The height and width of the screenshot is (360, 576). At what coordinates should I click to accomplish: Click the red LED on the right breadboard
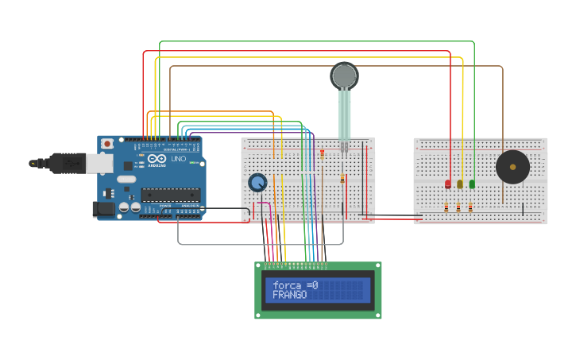tap(448, 184)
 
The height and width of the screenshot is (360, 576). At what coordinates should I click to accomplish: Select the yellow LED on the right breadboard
tap(460, 184)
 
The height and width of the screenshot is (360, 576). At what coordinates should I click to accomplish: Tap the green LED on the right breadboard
tap(472, 184)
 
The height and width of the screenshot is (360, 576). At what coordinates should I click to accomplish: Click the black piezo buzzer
tap(512, 167)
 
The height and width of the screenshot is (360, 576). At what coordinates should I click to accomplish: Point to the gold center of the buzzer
tap(512, 167)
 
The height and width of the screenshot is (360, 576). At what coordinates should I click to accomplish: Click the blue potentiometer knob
tap(257, 183)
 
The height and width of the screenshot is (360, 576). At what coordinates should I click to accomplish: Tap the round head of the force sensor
tap(344, 76)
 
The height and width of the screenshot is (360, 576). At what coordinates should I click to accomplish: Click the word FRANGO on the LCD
tap(289, 295)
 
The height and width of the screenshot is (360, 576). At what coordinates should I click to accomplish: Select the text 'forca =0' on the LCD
tap(295, 285)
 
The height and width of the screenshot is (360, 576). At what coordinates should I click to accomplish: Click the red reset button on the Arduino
tap(107, 145)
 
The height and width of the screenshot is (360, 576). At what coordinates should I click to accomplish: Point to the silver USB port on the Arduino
tap(98, 163)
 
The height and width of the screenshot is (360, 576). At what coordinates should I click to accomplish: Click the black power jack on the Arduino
tap(103, 209)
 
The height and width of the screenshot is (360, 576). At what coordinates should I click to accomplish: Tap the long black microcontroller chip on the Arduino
tap(170, 194)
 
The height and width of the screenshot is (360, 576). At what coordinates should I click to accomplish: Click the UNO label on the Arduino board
tap(178, 159)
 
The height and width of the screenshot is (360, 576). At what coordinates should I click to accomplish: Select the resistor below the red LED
tap(446, 207)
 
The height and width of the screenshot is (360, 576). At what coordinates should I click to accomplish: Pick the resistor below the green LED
tap(470, 207)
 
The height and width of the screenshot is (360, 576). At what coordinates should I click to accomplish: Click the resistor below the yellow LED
tap(458, 207)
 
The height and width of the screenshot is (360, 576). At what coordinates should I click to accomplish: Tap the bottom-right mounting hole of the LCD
tap(377, 315)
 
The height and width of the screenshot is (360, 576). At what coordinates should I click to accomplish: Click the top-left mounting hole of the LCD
tap(259, 266)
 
